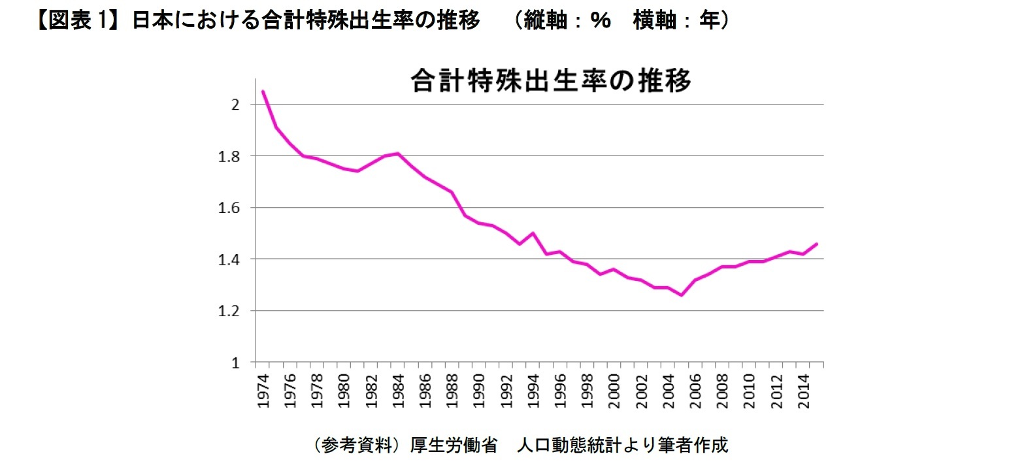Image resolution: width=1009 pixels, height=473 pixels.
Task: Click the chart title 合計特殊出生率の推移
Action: pos(550,82)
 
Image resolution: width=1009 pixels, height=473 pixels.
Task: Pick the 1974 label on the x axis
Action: pos(263,391)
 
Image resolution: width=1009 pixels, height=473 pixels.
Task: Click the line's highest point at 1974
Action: pos(263,91)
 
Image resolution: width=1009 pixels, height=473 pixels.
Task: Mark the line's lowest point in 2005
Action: pos(682,295)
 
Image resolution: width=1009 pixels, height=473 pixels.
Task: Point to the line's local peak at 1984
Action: pos(398,154)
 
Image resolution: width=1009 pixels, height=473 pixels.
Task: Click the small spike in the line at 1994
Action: pos(533,233)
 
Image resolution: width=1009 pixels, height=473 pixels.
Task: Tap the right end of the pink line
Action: pos(817,244)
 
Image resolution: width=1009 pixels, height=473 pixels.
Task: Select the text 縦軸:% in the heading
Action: pos(561,22)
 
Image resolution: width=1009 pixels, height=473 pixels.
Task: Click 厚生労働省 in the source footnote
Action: pos(453,446)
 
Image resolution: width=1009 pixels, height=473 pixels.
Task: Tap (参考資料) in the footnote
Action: pos(356,446)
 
